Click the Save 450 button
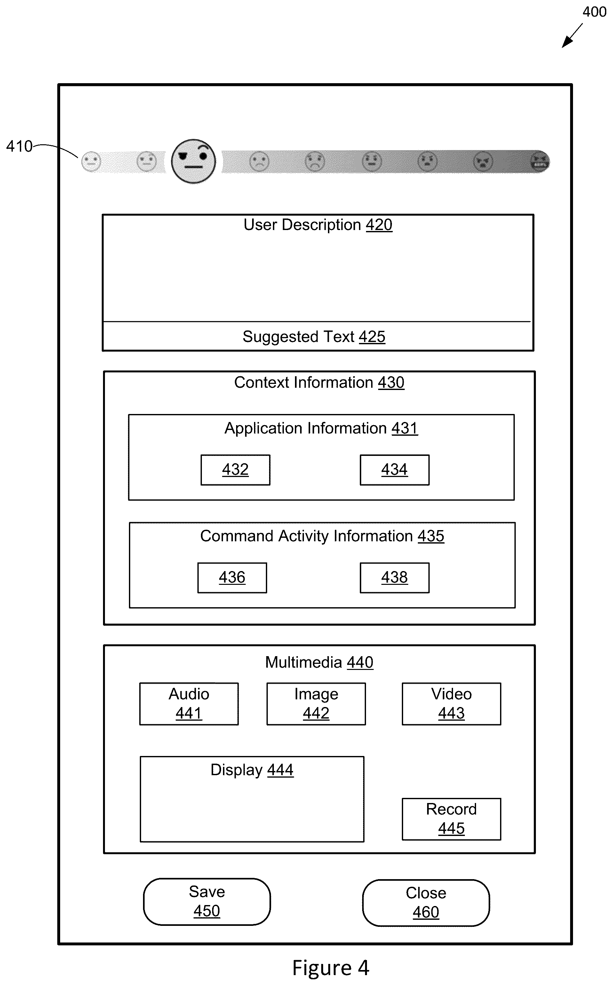point(207,902)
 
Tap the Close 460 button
point(426,903)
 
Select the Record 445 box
point(451,819)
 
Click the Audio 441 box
point(189,704)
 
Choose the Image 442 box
point(316,704)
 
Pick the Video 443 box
point(451,704)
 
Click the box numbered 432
point(235,470)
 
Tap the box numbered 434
point(394,470)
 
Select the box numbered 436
point(232,578)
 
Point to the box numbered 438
point(394,578)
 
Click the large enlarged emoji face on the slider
point(193,161)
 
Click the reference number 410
point(19,146)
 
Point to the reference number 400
point(594,12)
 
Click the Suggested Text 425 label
point(314,337)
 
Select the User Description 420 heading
point(318,225)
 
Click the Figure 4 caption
point(331,968)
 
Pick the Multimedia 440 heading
point(319,662)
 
